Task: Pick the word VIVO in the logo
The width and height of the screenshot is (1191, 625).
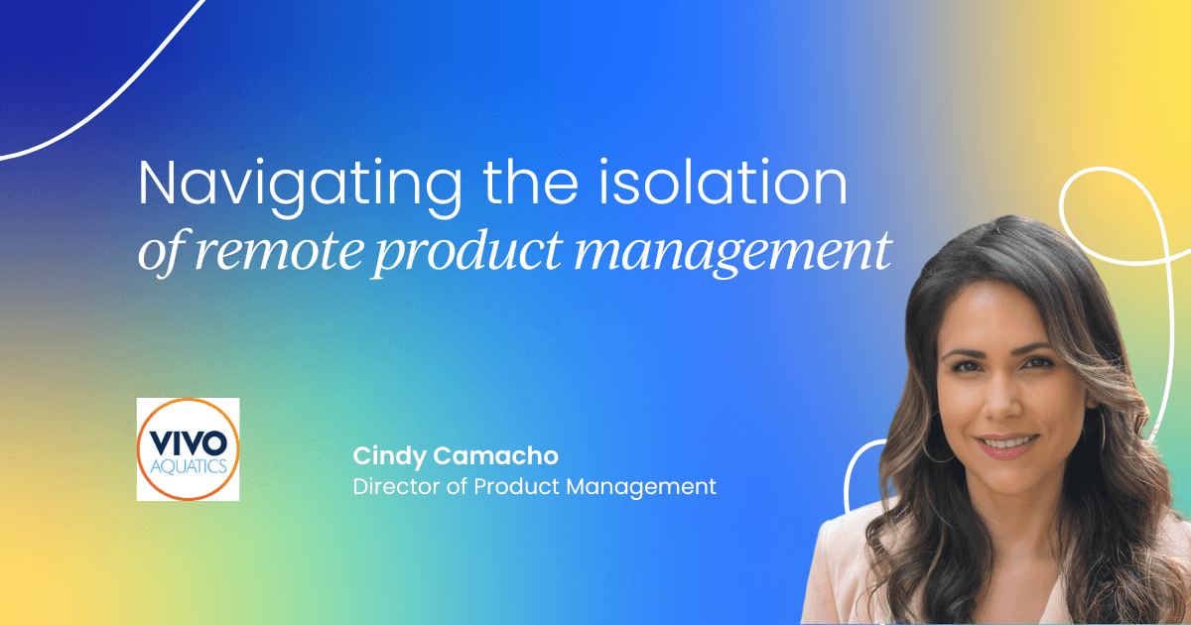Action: pyautogui.click(x=188, y=437)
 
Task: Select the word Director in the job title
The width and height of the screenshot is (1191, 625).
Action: pyautogui.click(x=390, y=487)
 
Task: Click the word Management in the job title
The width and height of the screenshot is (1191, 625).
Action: pyautogui.click(x=644, y=487)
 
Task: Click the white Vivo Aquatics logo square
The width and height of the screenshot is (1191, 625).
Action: pyautogui.click(x=188, y=448)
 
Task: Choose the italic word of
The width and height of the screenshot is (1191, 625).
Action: pyautogui.click(x=158, y=253)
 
